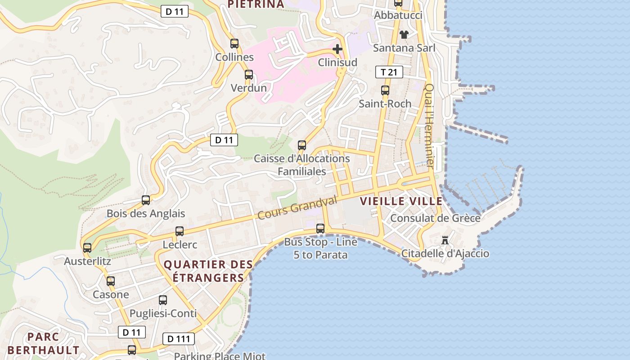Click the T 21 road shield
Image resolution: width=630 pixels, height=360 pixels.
click(389, 72)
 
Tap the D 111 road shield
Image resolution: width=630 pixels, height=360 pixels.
click(178, 339)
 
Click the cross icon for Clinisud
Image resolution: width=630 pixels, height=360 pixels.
click(337, 49)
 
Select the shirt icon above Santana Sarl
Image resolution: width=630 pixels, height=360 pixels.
click(404, 35)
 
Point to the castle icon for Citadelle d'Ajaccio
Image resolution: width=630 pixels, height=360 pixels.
click(445, 240)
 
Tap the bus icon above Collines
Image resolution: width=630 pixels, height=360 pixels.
click(234, 44)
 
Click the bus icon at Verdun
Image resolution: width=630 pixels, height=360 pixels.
click(249, 75)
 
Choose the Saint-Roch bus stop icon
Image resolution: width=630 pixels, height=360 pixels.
click(385, 90)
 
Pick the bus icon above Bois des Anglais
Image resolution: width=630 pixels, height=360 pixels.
click(146, 200)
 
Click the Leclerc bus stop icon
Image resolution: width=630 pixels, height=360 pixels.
click(180, 231)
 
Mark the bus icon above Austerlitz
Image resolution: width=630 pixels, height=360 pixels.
click(87, 247)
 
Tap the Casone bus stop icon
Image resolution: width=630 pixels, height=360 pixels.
click(111, 281)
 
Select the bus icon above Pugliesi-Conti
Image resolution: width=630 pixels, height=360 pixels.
click(163, 300)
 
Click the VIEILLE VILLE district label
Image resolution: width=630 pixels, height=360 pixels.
click(401, 202)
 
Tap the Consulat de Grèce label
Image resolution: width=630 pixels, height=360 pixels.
click(435, 218)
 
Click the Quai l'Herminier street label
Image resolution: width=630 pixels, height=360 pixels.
click(429, 126)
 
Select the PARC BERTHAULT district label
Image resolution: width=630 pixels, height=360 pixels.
click(43, 343)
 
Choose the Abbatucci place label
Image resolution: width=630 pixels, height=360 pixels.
click(398, 15)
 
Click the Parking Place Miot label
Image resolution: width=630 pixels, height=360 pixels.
click(220, 356)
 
